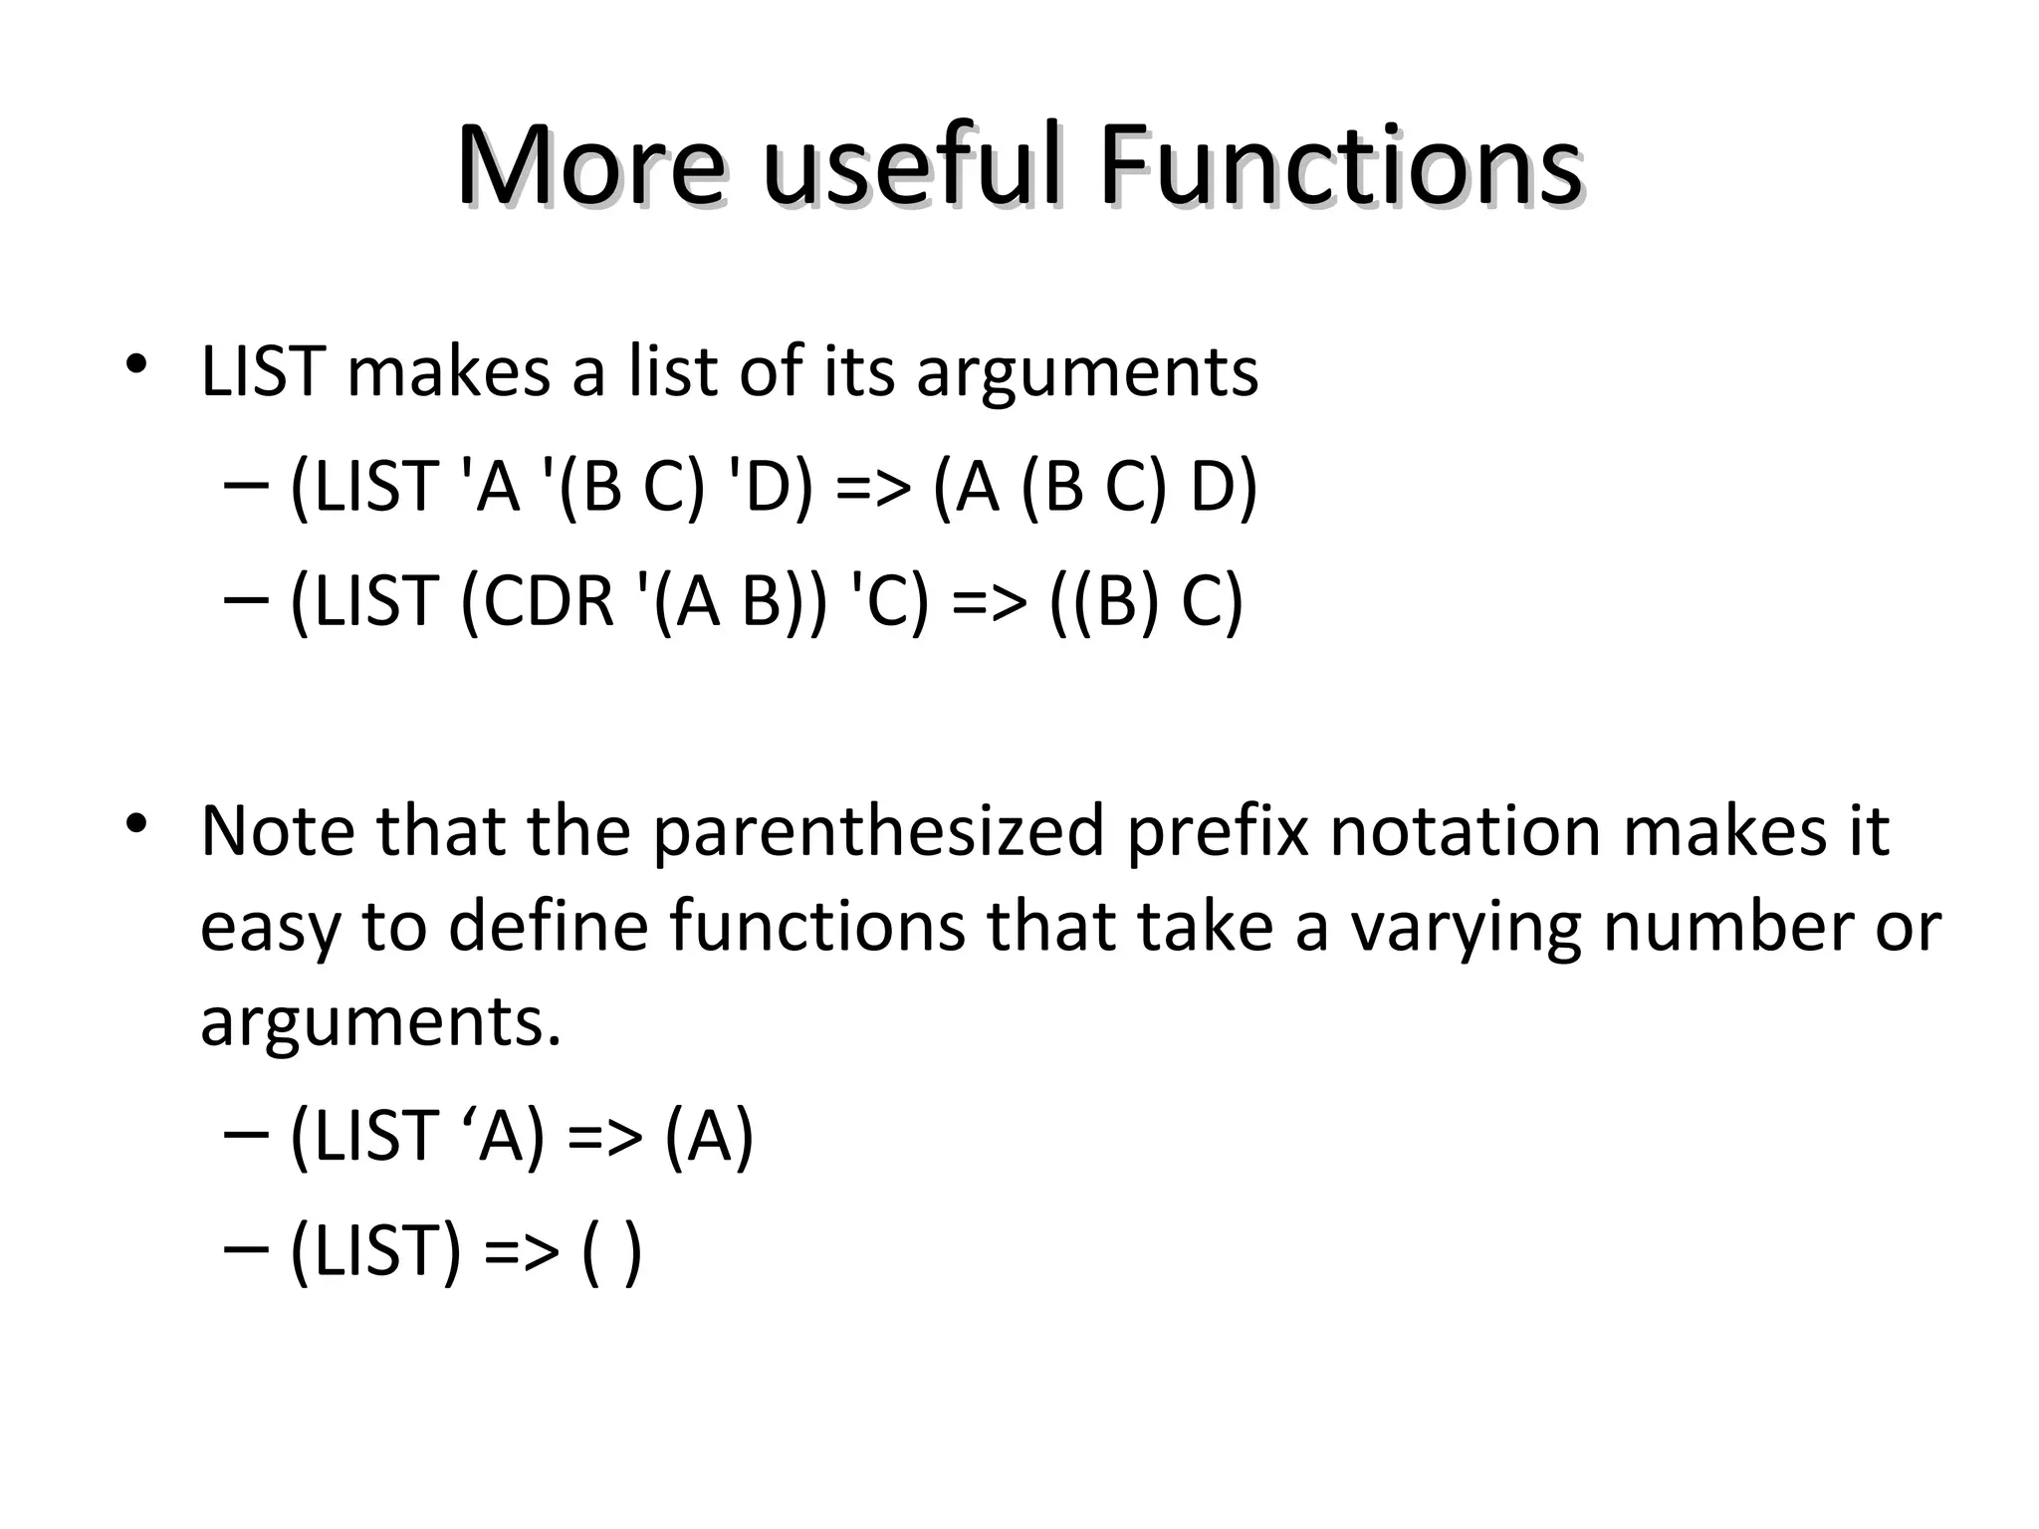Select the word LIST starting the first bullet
pyautogui.click(x=263, y=371)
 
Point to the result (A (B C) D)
pyautogui.click(x=1095, y=488)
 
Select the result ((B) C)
pyautogui.click(x=1146, y=601)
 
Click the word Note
pyautogui.click(x=278, y=831)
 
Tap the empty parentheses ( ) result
pyautogui.click(x=610, y=1250)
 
